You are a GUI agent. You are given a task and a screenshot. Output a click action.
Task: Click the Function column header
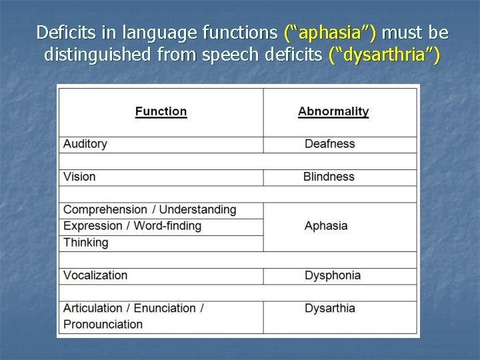click(x=161, y=111)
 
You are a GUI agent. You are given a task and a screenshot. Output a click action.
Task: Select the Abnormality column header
click(x=333, y=111)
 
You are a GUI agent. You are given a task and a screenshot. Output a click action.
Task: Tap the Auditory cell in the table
click(x=85, y=144)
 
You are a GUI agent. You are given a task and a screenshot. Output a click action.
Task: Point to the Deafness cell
click(x=329, y=144)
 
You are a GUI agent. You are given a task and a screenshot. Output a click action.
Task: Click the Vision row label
click(x=79, y=177)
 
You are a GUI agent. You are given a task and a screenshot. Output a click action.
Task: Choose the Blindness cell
click(x=329, y=177)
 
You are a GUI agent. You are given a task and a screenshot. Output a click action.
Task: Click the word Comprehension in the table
click(x=105, y=209)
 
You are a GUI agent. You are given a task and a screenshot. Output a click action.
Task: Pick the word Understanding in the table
click(x=198, y=209)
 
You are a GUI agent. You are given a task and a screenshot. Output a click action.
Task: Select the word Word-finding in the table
click(x=167, y=226)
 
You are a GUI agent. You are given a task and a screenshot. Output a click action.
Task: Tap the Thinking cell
click(x=85, y=242)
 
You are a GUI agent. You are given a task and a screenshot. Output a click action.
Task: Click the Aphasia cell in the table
click(x=326, y=226)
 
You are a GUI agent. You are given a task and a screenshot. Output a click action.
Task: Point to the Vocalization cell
click(x=95, y=275)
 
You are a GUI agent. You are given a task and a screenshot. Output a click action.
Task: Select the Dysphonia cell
click(x=333, y=275)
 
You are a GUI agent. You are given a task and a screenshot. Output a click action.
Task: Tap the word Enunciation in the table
click(x=165, y=308)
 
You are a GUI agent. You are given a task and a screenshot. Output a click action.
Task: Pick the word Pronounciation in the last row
click(x=103, y=324)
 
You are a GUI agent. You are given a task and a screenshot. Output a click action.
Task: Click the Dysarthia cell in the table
click(x=329, y=308)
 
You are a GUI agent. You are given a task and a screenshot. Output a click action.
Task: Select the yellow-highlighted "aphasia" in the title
click(x=330, y=32)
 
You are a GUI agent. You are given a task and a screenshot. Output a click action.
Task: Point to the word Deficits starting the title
click(x=61, y=32)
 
